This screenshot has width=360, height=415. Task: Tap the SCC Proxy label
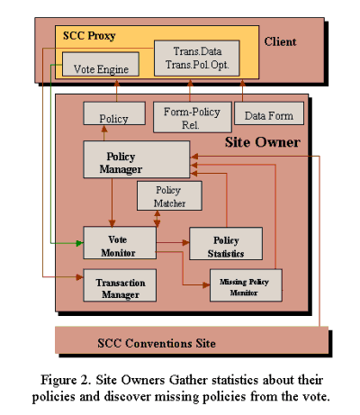click(90, 37)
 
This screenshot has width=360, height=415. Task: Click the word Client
click(280, 41)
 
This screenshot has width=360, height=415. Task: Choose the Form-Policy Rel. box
click(190, 117)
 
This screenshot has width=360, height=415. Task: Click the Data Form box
click(269, 116)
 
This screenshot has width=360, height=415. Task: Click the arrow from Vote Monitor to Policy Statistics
click(172, 243)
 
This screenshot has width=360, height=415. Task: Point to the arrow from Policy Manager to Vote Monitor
click(112, 202)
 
